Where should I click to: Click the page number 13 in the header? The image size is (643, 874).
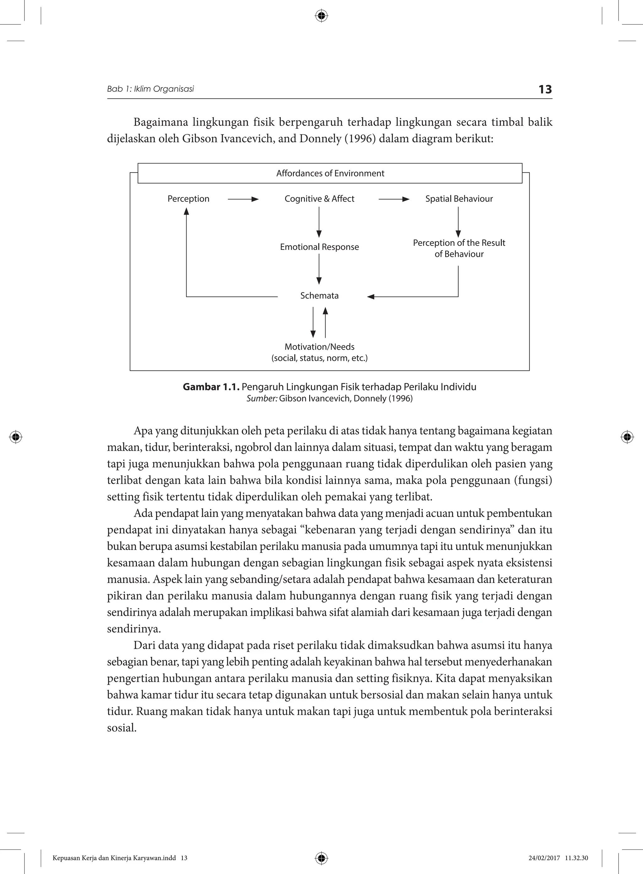[x=545, y=89]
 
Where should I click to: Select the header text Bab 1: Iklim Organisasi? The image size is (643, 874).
[x=150, y=89]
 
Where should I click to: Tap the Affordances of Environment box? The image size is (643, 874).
[x=330, y=173]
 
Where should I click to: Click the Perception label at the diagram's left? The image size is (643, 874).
[x=188, y=199]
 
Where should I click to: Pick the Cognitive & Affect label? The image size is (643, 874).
[x=319, y=199]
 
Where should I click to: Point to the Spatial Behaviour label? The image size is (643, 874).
[x=459, y=199]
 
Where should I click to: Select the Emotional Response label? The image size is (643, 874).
[x=319, y=247]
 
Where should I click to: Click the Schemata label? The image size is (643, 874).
[x=319, y=296]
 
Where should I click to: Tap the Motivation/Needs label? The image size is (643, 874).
[x=319, y=347]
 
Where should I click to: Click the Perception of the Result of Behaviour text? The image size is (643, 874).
[x=459, y=248]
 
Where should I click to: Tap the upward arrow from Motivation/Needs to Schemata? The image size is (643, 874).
[x=325, y=322]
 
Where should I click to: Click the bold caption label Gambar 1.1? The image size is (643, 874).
[x=211, y=387]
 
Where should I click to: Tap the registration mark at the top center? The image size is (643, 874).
[x=321, y=16]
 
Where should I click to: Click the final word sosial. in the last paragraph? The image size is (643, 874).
[x=122, y=728]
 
